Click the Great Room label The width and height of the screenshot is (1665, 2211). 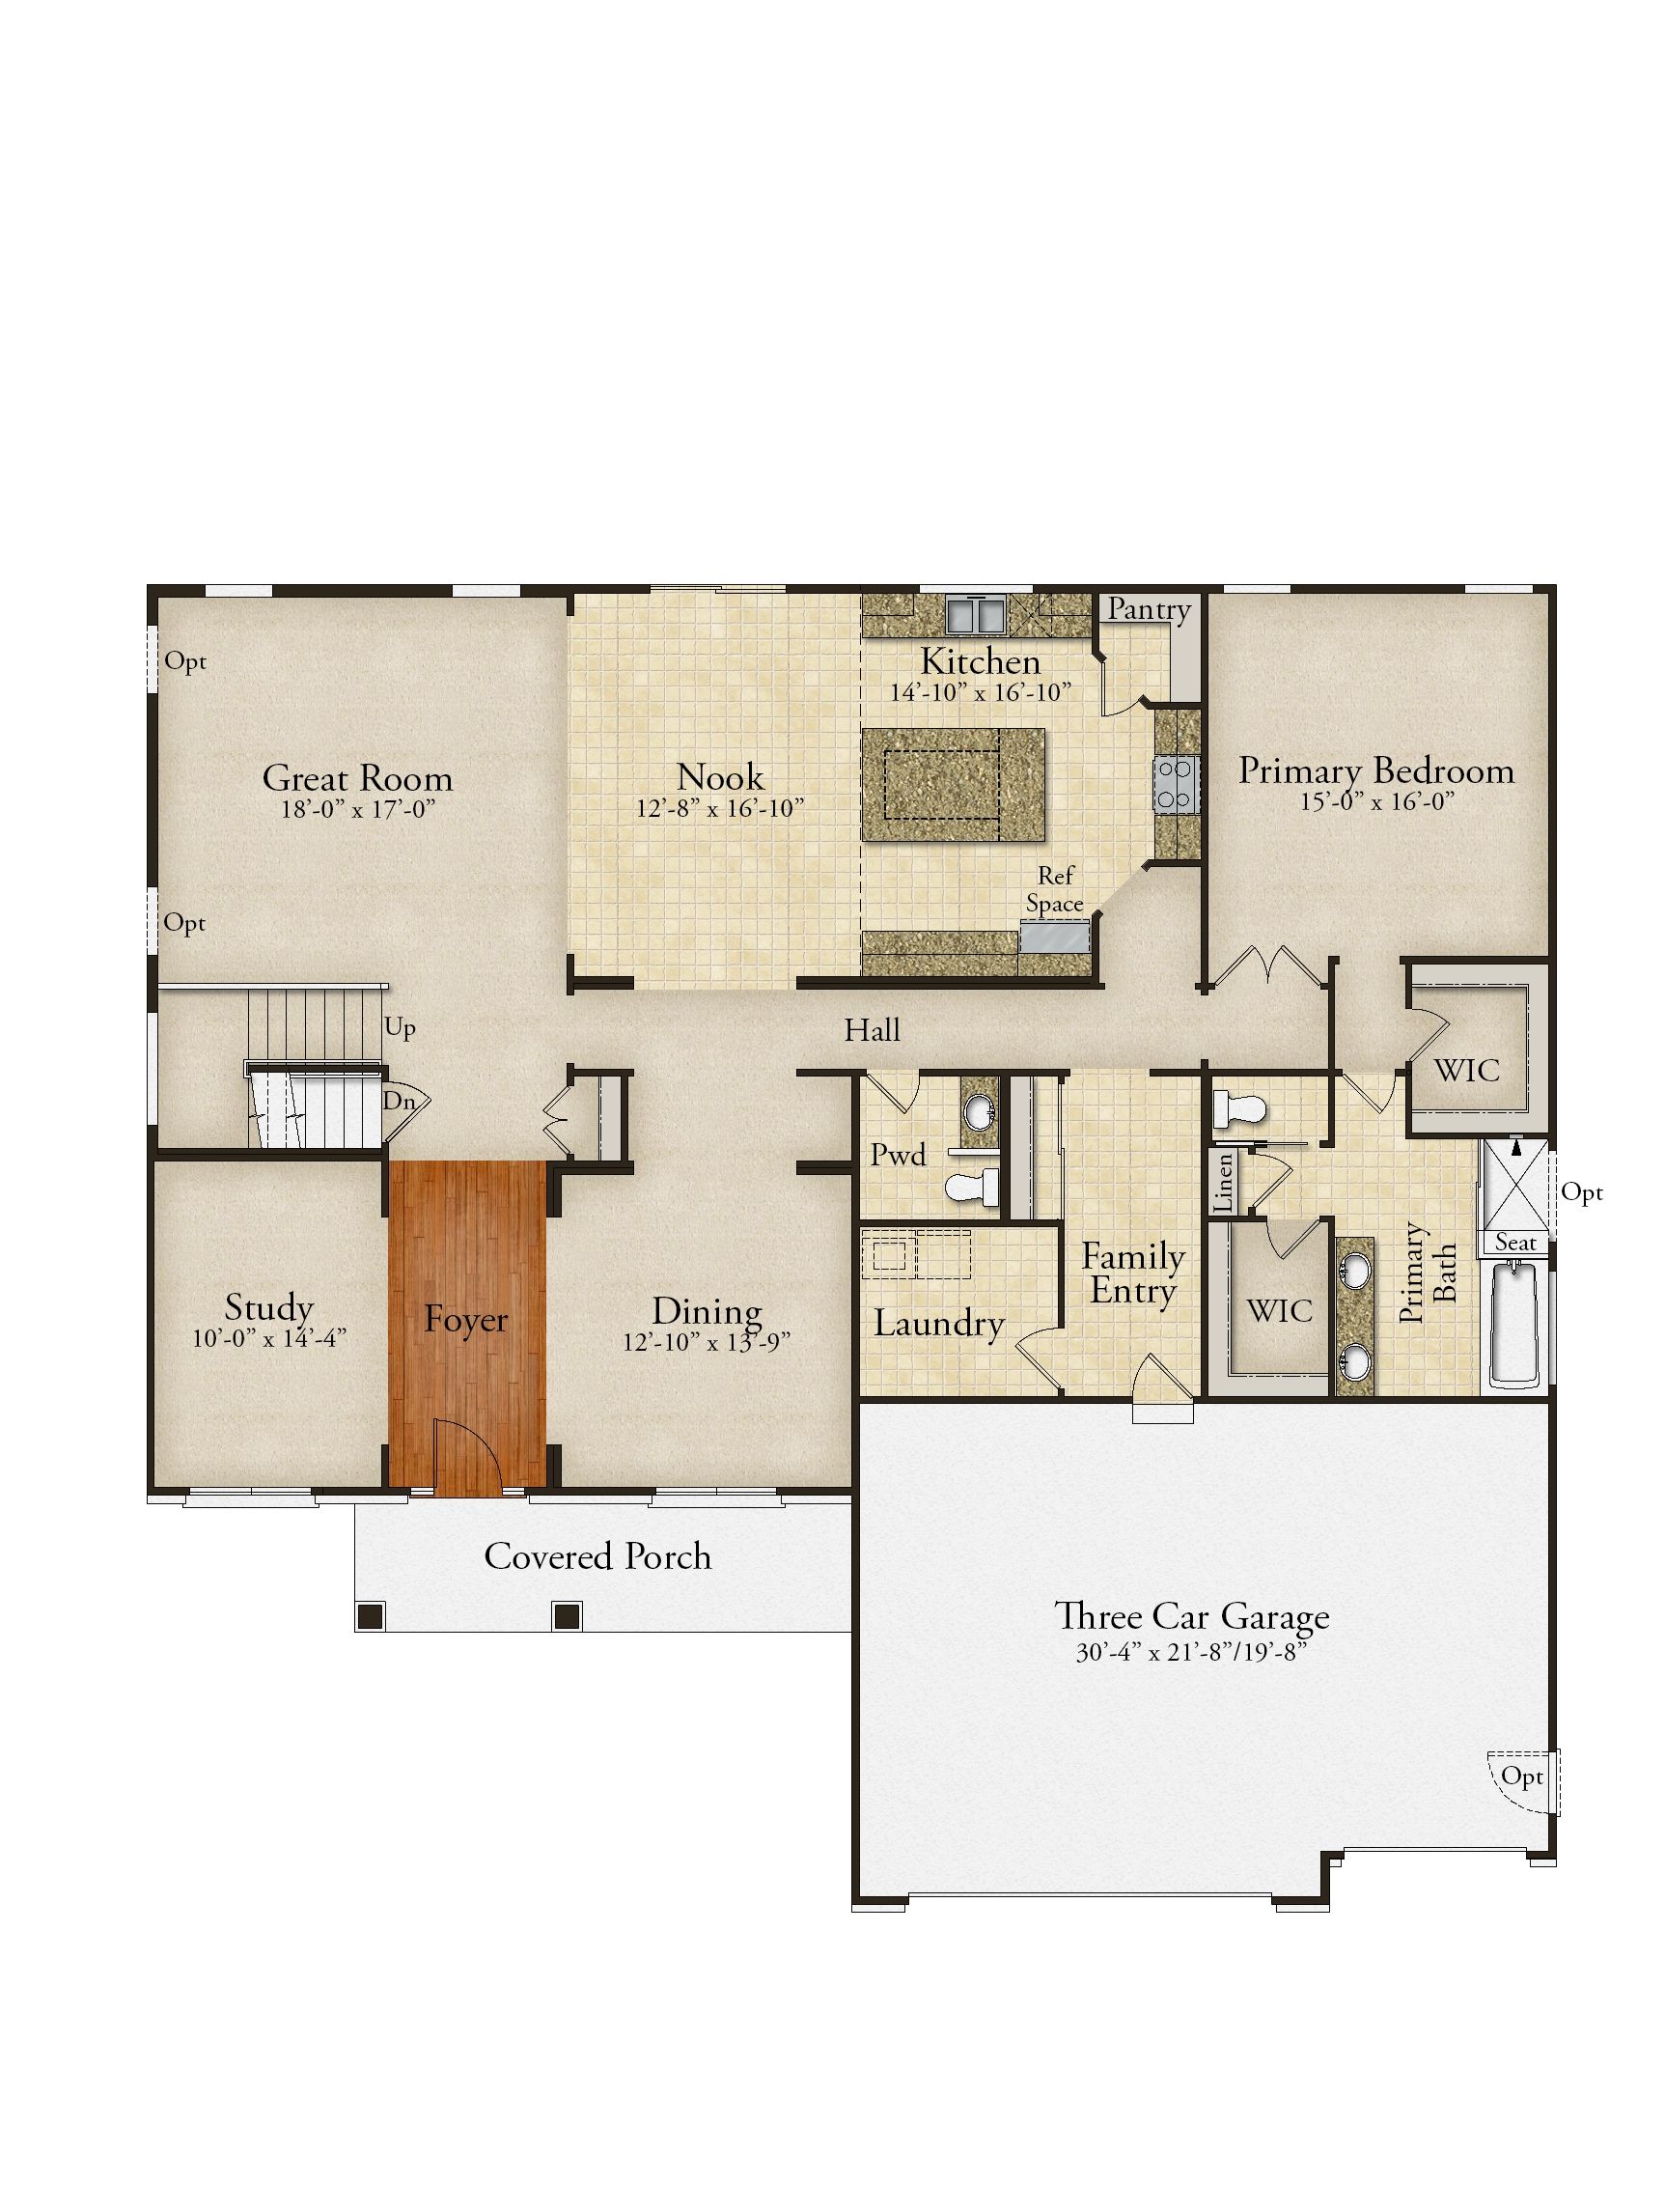click(x=357, y=777)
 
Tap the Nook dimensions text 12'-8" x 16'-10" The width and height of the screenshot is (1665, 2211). click(x=719, y=809)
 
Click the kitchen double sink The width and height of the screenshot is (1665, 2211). click(x=976, y=615)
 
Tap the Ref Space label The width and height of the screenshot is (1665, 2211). click(x=1054, y=889)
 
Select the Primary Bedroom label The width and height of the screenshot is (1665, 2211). click(x=1376, y=771)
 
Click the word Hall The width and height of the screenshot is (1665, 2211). click(x=872, y=1029)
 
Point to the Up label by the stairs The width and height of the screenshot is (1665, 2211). click(x=400, y=1028)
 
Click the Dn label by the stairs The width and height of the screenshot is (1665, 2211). click(x=398, y=1102)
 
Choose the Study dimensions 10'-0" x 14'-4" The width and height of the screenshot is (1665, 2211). click(x=269, y=1337)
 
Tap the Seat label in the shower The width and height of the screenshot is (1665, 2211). click(x=1515, y=1243)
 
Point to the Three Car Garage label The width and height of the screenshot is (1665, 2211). click(x=1191, y=1616)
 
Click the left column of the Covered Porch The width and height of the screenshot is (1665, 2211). click(x=371, y=1614)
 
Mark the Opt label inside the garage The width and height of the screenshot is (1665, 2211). click(x=1522, y=1777)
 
